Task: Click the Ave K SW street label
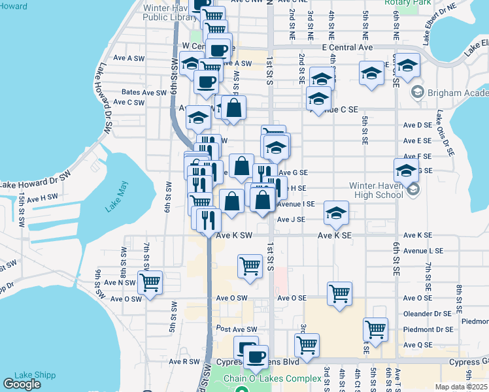click(234, 235)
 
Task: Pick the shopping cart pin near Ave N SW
click(150, 282)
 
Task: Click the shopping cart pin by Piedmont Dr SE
click(375, 329)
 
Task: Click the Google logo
click(22, 384)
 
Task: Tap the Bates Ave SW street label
click(143, 93)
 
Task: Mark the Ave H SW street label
click(43, 197)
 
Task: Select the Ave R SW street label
click(184, 361)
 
